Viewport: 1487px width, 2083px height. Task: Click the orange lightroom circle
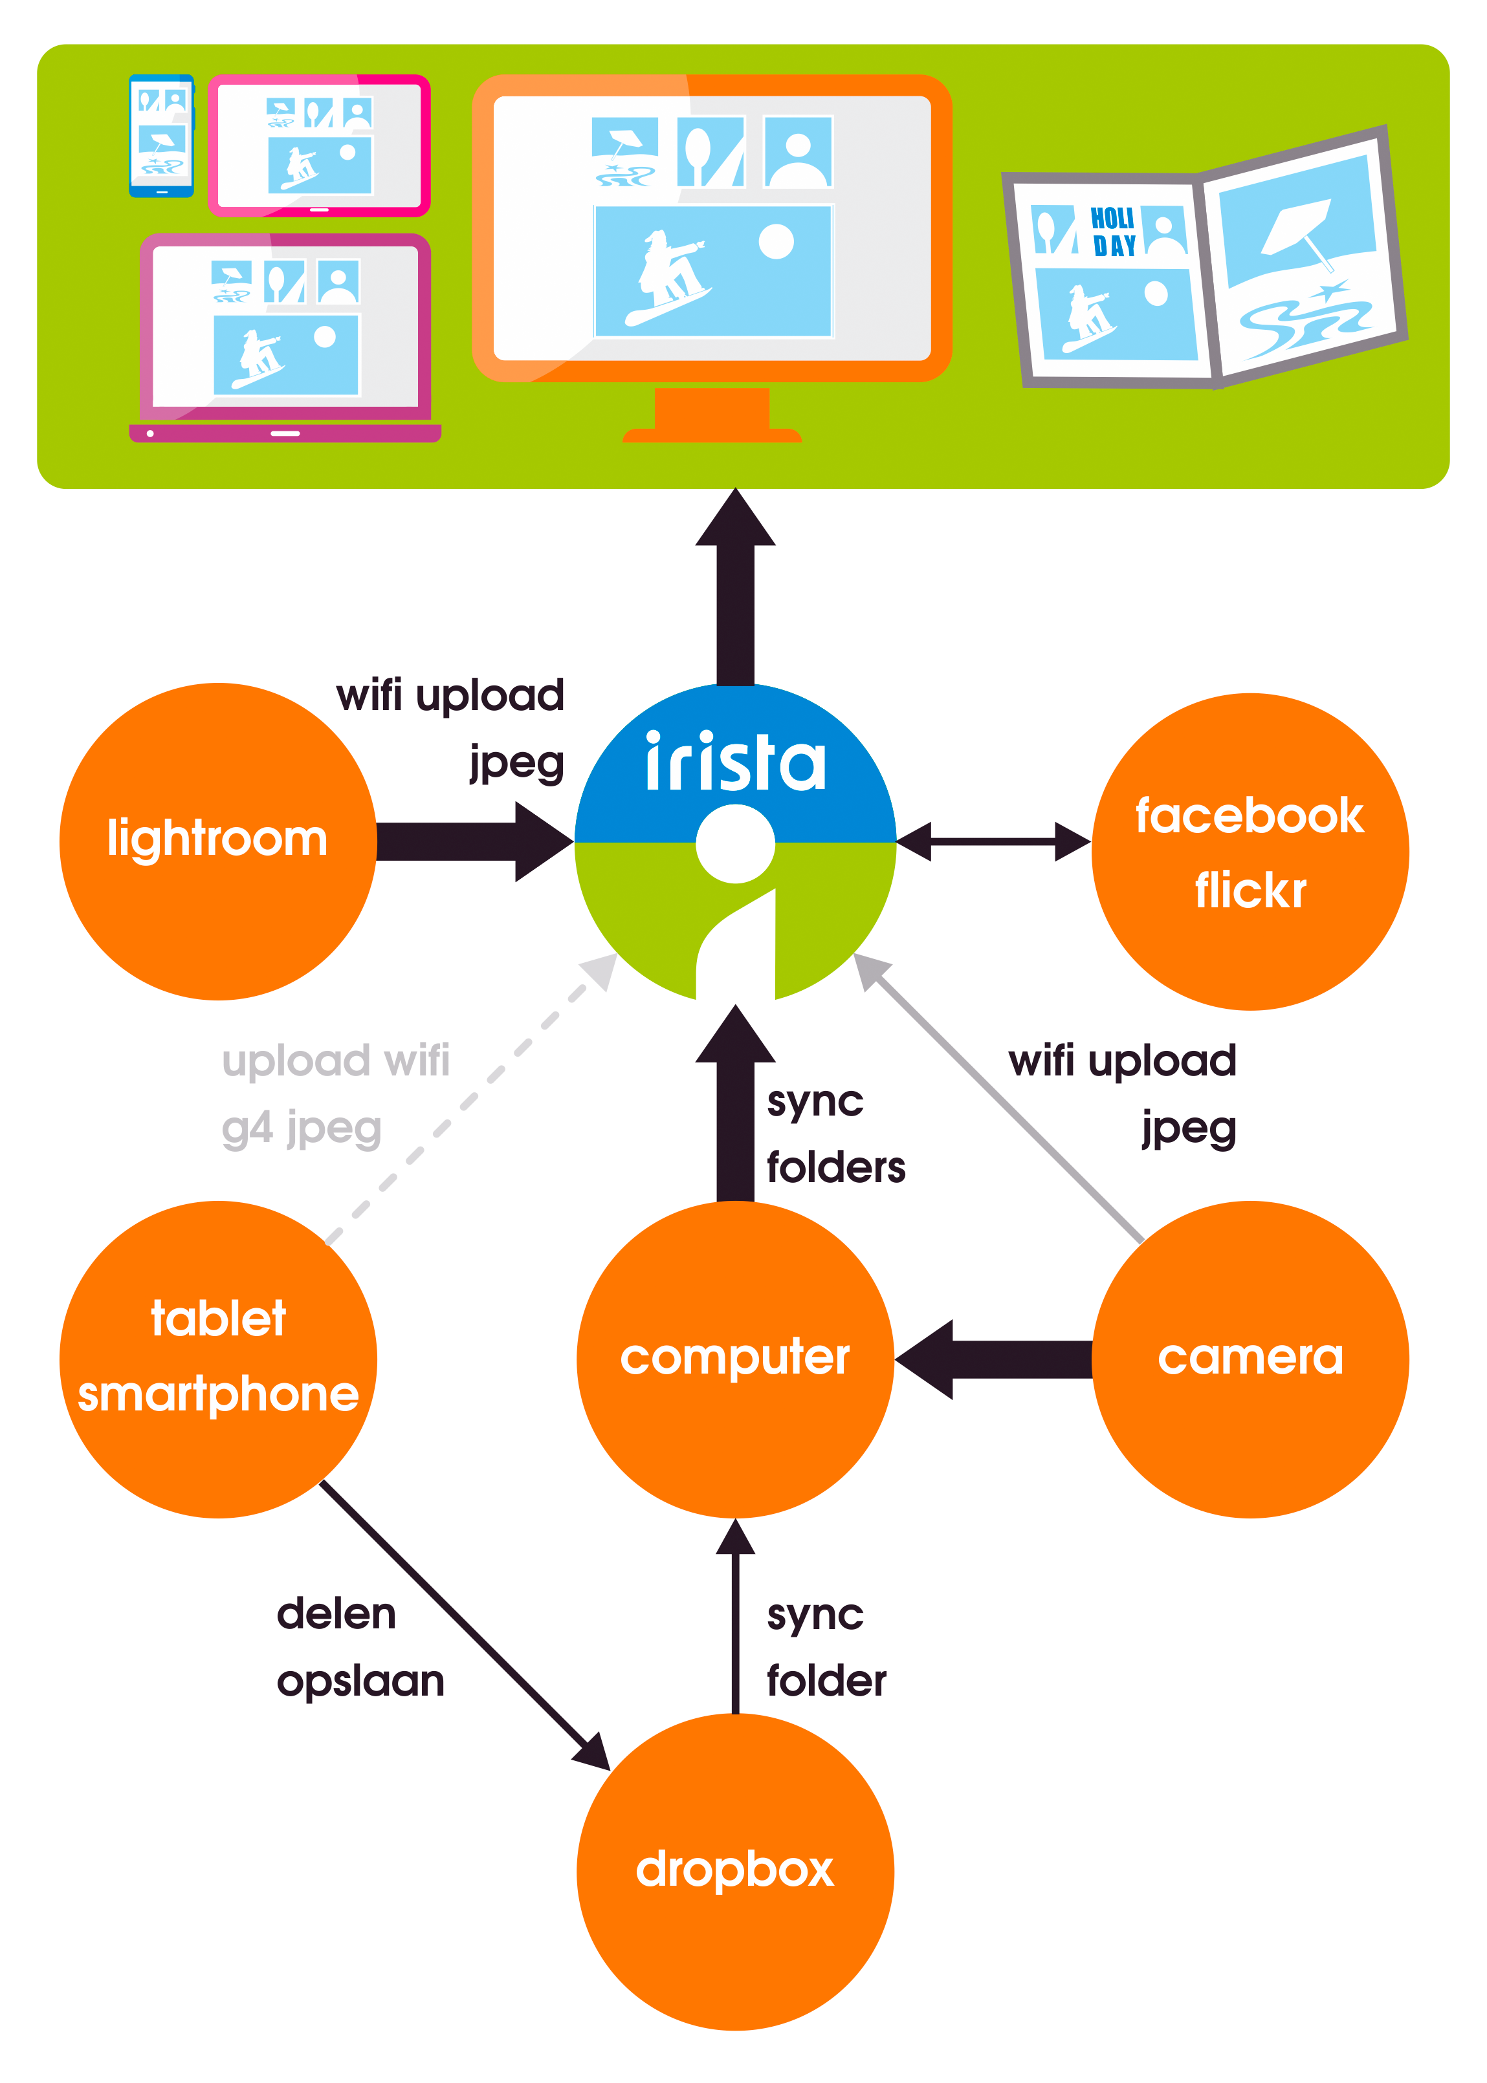click(218, 841)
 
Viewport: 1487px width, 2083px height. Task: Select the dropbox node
click(735, 1872)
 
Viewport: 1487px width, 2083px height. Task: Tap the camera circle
click(1251, 1359)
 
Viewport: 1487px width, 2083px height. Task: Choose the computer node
click(735, 1359)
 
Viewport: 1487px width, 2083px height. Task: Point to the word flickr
click(1251, 890)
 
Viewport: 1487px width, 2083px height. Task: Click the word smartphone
click(218, 1396)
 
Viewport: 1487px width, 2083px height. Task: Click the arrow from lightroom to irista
click(475, 842)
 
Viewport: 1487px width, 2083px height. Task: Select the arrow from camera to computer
click(993, 1359)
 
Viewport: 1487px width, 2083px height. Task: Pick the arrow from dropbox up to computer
click(735, 1616)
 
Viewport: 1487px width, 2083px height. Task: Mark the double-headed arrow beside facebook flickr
click(993, 842)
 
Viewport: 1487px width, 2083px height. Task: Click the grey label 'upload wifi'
click(336, 1060)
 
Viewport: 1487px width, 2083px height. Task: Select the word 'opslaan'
click(361, 1682)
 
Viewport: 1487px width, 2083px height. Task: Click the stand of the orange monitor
click(712, 415)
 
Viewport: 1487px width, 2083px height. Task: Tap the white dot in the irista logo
click(735, 844)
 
